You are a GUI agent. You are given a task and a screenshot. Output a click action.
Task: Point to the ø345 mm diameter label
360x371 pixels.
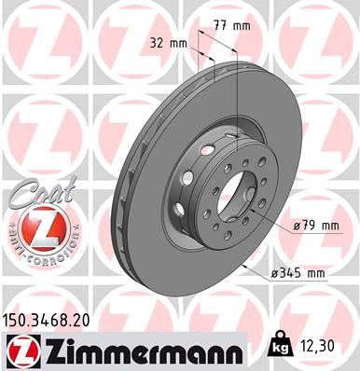[x=298, y=273]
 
